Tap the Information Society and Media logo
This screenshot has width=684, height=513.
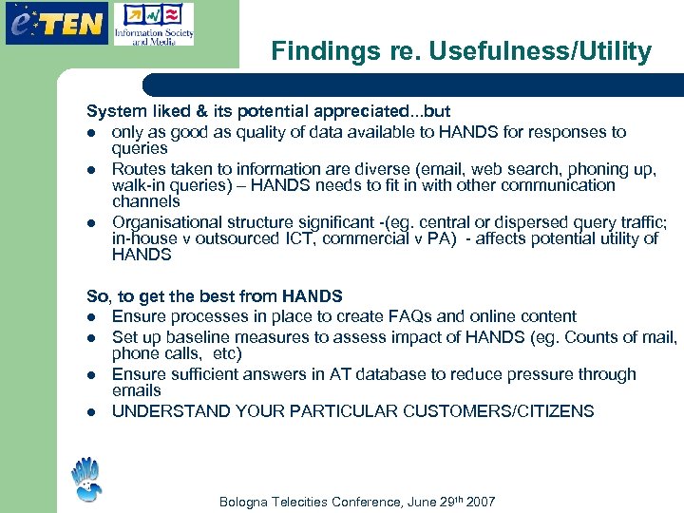[x=153, y=25]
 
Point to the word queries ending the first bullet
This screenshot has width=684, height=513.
[x=139, y=148]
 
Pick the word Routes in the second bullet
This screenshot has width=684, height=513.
[x=138, y=168]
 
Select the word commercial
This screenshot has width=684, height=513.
[x=359, y=238]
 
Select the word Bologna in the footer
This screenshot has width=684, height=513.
[x=245, y=502]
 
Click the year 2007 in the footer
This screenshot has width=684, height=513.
[x=479, y=502]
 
